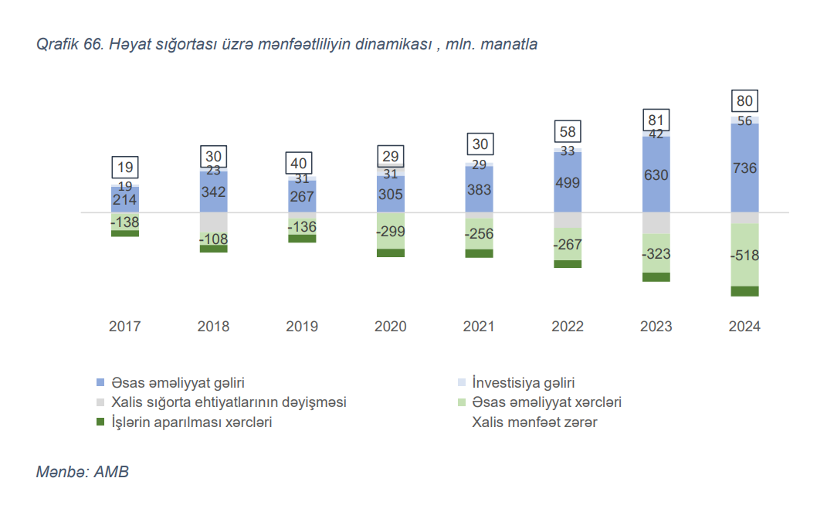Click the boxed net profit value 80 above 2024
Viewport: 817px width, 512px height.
[x=744, y=101]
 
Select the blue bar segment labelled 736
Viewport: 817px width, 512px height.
[x=744, y=168]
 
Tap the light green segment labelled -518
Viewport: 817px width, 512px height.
[x=744, y=256]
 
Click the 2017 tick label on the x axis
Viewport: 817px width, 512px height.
[x=124, y=327]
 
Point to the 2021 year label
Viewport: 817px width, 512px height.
[x=479, y=327]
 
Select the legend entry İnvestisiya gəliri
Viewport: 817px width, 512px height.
[x=523, y=382]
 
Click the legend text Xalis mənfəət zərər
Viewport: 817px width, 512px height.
[x=534, y=422]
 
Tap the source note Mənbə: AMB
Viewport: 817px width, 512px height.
[x=83, y=472]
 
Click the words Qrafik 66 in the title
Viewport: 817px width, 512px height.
[x=69, y=45]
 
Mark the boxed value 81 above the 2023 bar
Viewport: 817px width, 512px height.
[x=656, y=120]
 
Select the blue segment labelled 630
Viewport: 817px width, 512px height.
[x=656, y=175]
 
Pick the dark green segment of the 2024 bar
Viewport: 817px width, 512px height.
[x=744, y=291]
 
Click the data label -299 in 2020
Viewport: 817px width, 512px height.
[x=391, y=231]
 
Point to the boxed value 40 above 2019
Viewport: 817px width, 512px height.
[x=302, y=164]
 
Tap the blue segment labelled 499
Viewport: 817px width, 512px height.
[x=568, y=183]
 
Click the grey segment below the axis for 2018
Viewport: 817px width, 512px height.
[x=213, y=222]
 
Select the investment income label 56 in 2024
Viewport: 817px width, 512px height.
[x=744, y=120]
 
